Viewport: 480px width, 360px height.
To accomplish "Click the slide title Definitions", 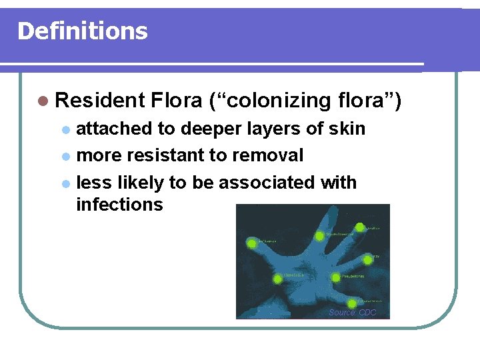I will coord(82,31).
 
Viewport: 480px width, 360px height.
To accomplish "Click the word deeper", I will coord(205,129).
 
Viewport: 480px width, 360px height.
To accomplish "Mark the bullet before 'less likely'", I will coord(65,183).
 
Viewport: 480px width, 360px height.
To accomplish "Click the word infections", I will coord(119,205).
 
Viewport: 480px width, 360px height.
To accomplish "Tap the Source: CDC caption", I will coord(352,313).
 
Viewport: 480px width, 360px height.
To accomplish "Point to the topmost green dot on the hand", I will coord(360,227).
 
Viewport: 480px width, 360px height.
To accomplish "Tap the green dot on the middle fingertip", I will coord(320,235).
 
